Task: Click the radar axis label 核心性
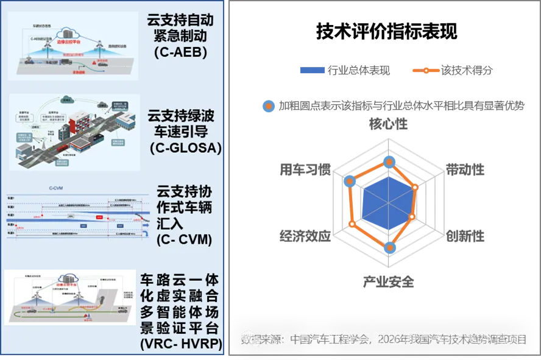[x=388, y=124]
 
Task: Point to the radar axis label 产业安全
[x=389, y=281]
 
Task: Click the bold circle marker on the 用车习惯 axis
[x=349, y=181]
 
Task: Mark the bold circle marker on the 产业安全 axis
[x=391, y=247]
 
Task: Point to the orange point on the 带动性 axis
[x=416, y=187]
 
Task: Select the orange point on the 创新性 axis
[x=412, y=216]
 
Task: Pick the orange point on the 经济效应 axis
[x=353, y=224]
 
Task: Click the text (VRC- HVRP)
[x=181, y=345]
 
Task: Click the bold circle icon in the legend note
[x=269, y=106]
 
